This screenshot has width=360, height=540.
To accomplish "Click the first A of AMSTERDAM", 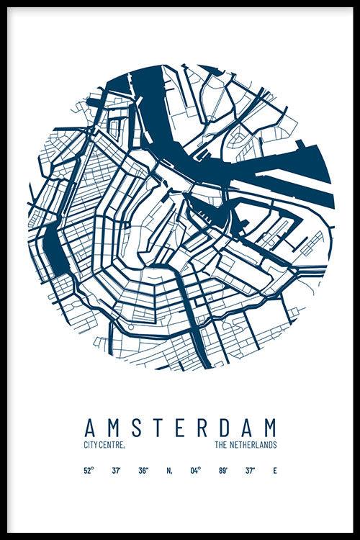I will tap(90, 427).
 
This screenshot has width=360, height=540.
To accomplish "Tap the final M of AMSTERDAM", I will tap(271, 427).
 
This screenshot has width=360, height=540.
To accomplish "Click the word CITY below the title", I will tap(91, 446).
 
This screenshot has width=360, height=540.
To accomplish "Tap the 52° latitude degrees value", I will tap(89, 471).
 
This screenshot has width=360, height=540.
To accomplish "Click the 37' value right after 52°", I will tap(116, 471).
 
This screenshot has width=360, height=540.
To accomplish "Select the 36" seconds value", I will tap(143, 471).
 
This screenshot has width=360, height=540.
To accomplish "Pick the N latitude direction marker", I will tap(169, 471).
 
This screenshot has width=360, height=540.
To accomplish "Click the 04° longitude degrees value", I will tap(195, 471).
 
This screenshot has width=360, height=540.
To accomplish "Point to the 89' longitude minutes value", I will tap(223, 471).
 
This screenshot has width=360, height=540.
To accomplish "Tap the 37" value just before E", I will tap(250, 471).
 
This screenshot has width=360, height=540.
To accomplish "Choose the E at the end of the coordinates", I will tap(274, 471).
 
